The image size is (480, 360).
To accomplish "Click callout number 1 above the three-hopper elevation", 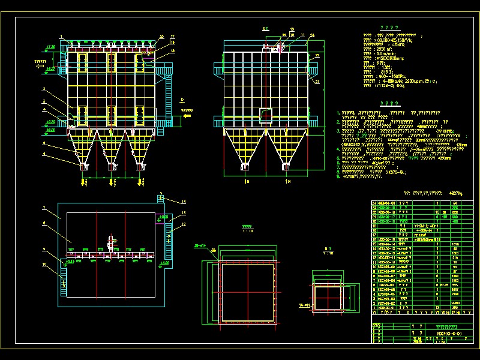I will click(61, 37).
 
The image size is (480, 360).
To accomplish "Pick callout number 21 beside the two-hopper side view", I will click(317, 82).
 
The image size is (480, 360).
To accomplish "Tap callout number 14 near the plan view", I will click(184, 202).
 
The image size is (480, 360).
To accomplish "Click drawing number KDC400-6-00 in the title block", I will click(449, 333).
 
